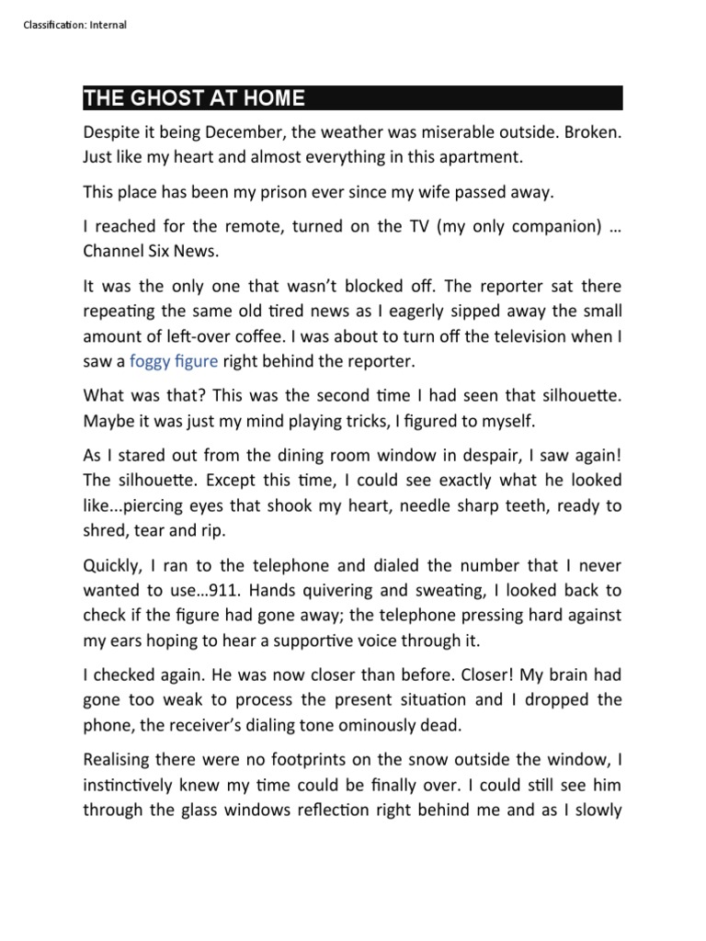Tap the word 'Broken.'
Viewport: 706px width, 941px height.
click(x=590, y=132)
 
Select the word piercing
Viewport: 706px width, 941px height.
click(x=170, y=505)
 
